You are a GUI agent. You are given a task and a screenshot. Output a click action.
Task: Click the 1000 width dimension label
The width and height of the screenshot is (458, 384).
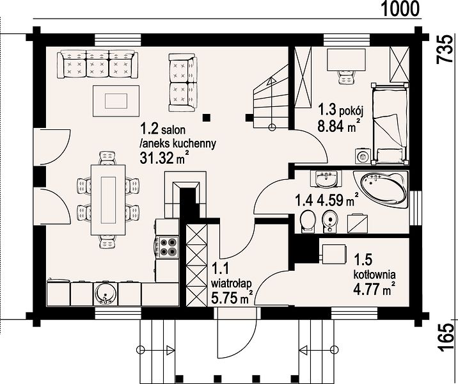(x=400, y=8)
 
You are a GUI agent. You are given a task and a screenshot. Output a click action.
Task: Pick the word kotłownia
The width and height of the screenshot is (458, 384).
(x=375, y=275)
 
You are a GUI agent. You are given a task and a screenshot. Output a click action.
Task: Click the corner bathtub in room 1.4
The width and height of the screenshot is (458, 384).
(x=381, y=189)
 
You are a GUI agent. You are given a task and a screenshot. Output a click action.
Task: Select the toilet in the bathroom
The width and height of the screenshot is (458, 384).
(x=307, y=221)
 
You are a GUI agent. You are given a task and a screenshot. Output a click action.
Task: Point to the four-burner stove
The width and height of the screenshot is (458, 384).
(x=168, y=247)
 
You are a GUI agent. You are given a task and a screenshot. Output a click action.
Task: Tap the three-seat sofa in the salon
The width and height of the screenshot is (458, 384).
(x=98, y=64)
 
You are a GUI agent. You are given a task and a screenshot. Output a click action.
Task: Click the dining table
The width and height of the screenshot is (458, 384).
(x=108, y=200)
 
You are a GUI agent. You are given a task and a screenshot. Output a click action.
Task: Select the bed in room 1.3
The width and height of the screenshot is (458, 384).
(x=390, y=124)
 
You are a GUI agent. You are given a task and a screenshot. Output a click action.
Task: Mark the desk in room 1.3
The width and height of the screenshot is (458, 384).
(x=347, y=60)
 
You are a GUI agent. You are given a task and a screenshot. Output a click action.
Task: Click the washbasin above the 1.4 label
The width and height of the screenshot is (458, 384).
(x=326, y=179)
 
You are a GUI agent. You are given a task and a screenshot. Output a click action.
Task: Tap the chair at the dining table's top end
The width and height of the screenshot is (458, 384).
(x=107, y=158)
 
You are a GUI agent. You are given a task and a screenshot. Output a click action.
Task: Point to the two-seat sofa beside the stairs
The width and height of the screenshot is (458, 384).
(x=183, y=83)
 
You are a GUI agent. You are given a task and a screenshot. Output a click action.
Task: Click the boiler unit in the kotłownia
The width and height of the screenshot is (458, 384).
(x=334, y=253)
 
